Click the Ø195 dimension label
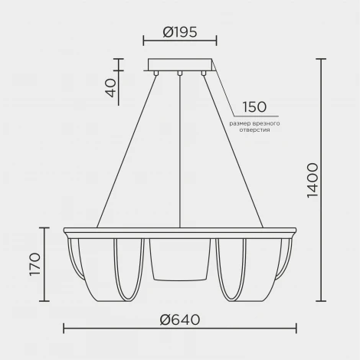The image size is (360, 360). [x=180, y=32]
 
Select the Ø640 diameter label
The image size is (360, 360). [x=180, y=319]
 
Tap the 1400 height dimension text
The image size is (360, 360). [x=313, y=180]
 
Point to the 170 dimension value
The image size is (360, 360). [x=34, y=264]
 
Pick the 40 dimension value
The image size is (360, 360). [x=110, y=88]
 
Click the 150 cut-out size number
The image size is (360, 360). [x=254, y=107]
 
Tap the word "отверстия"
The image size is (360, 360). [x=254, y=130]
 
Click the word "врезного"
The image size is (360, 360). [x=266, y=124]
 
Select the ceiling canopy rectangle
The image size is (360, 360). [x=180, y=64]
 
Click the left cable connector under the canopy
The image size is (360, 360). [x=155, y=74]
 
